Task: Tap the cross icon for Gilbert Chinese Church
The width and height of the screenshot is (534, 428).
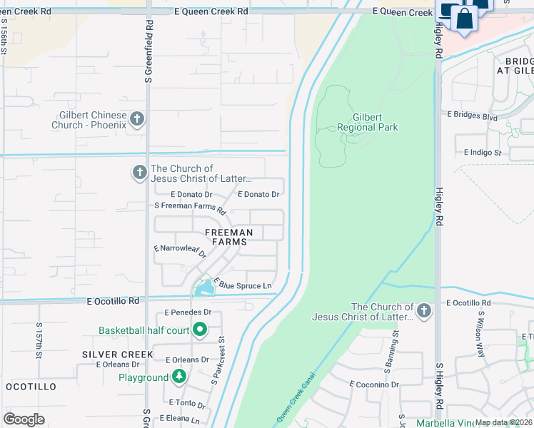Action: [137, 119]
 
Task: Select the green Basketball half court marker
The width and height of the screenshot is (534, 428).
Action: [200, 330]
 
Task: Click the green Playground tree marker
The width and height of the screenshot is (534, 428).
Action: [178, 377]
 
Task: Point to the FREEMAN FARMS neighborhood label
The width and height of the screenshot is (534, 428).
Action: [229, 237]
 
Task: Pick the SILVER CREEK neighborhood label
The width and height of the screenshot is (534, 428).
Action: [117, 355]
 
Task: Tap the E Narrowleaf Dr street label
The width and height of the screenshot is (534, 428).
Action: [180, 251]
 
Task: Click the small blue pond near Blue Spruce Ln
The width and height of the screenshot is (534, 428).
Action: [203, 288]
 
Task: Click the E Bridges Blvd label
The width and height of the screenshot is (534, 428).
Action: [472, 116]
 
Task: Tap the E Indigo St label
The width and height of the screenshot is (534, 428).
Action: [483, 152]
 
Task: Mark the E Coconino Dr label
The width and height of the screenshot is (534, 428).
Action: [374, 384]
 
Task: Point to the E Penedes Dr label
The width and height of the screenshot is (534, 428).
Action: [188, 312]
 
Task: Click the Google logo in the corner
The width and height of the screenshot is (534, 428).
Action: [24, 419]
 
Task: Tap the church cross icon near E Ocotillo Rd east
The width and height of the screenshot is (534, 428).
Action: [424, 310]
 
